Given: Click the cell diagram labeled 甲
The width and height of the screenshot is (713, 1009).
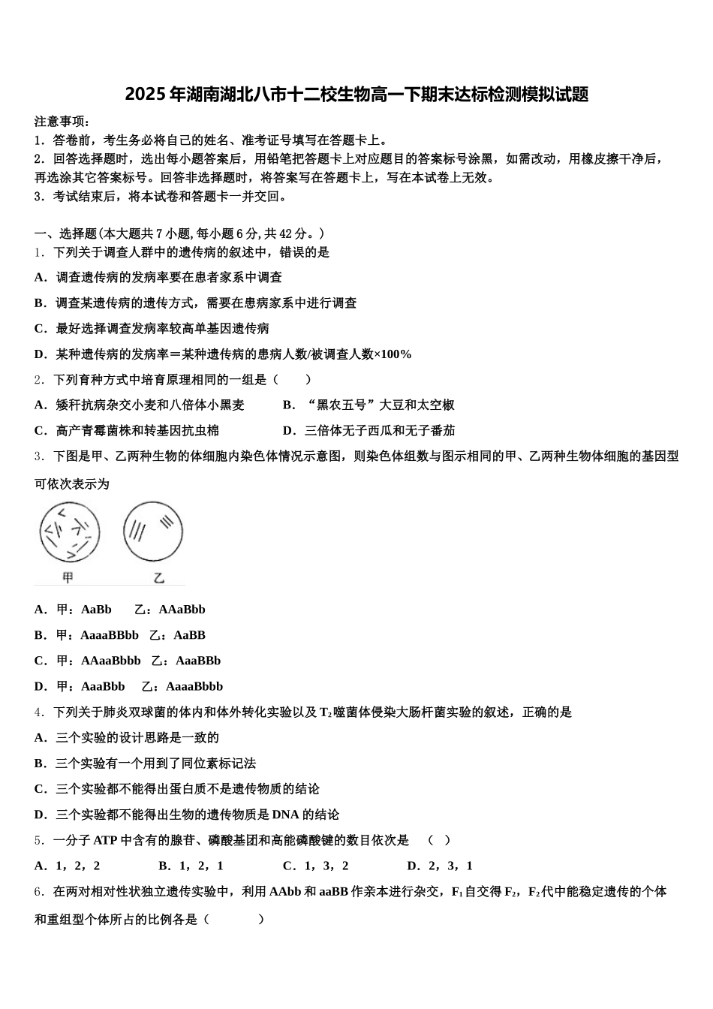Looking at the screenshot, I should click(69, 533).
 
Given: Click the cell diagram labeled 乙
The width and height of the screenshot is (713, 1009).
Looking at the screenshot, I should click(153, 532).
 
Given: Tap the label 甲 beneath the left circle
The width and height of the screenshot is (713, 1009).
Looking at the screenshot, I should click(68, 577).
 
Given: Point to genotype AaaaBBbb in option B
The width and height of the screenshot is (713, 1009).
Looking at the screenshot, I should click(110, 635).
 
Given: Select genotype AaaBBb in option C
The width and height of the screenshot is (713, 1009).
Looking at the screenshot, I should click(198, 661).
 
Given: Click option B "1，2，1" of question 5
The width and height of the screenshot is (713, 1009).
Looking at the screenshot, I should click(191, 866).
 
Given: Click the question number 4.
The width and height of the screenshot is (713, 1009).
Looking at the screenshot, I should click(38, 712).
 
